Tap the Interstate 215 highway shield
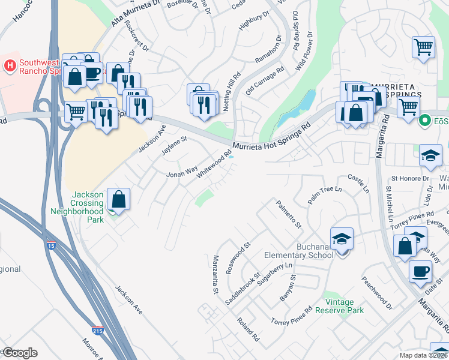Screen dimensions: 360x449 click(97, 330)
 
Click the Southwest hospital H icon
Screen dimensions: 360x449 click(10, 65)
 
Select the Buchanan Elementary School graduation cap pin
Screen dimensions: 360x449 click(342, 239)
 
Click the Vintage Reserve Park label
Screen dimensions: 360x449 click(344, 306)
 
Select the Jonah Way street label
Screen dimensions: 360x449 click(182, 173)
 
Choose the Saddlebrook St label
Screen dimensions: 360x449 click(241, 288)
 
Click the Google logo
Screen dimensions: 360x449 click(19, 353)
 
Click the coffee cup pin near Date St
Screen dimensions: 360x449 click(420, 271)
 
